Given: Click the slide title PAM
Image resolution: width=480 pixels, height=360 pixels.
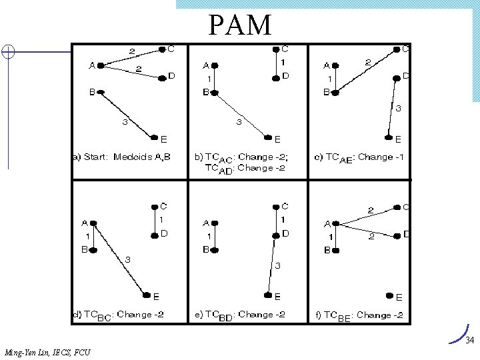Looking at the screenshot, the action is (240, 25).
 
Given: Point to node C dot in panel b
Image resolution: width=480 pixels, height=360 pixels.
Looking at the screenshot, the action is (276, 49).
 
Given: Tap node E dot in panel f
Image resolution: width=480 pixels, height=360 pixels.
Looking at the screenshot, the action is (389, 295).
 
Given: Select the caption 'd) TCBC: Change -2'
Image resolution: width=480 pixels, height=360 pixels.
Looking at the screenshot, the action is (119, 315).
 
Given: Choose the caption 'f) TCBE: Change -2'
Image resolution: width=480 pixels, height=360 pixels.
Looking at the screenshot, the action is (361, 315).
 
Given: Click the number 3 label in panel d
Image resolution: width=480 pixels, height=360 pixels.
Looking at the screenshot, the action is (128, 259).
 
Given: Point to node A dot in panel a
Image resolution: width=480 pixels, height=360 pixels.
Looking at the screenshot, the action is (100, 65).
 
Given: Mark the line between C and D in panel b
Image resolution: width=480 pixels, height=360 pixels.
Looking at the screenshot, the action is (276, 63).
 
